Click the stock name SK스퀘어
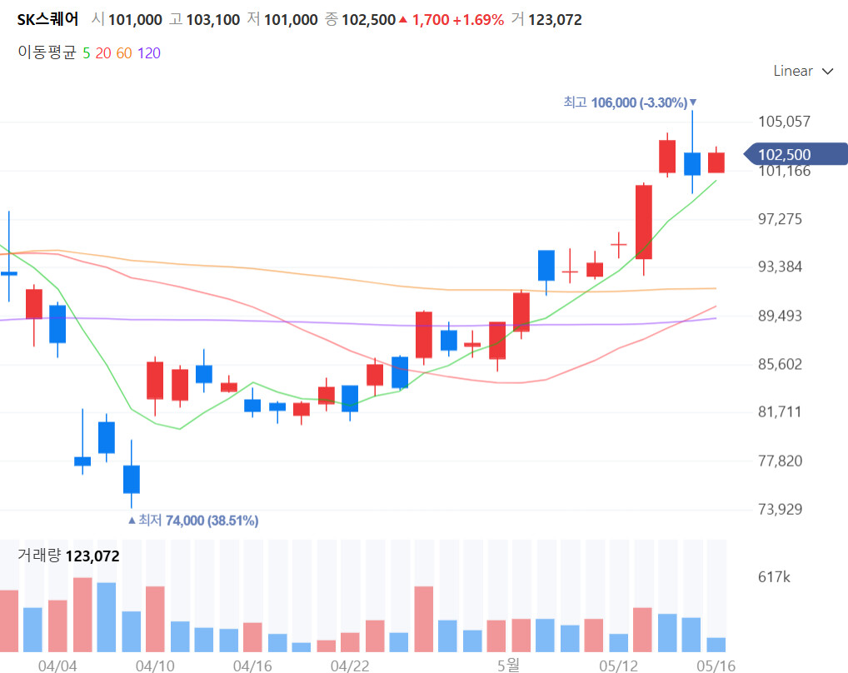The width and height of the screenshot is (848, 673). pyautogui.click(x=48, y=20)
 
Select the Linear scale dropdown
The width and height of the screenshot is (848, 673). pyautogui.click(x=803, y=72)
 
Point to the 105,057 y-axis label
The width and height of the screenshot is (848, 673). pyautogui.click(x=784, y=122)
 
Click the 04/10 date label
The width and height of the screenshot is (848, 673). pyautogui.click(x=156, y=666)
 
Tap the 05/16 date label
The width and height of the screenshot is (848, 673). pyautogui.click(x=716, y=666)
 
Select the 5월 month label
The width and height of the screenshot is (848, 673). pyautogui.click(x=507, y=666)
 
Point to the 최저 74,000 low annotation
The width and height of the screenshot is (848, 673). pyautogui.click(x=193, y=521)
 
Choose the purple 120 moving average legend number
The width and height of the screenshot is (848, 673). pyautogui.click(x=149, y=53)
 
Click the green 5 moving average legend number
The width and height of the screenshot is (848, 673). pyautogui.click(x=87, y=53)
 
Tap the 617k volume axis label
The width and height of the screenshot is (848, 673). pyautogui.click(x=775, y=576)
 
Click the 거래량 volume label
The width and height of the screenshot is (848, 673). pyautogui.click(x=39, y=556)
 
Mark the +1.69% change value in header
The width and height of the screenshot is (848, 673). pyautogui.click(x=478, y=20)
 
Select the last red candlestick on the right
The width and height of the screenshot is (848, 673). pyautogui.click(x=716, y=162)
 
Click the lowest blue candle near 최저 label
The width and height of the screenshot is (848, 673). pyautogui.click(x=132, y=479)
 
